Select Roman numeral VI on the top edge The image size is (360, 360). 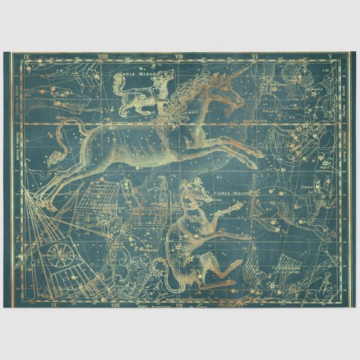pyautogui.click(x=255, y=56)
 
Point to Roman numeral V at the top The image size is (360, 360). pyautogui.click(x=329, y=56)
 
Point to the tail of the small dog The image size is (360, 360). pyautogui.click(x=117, y=80)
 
